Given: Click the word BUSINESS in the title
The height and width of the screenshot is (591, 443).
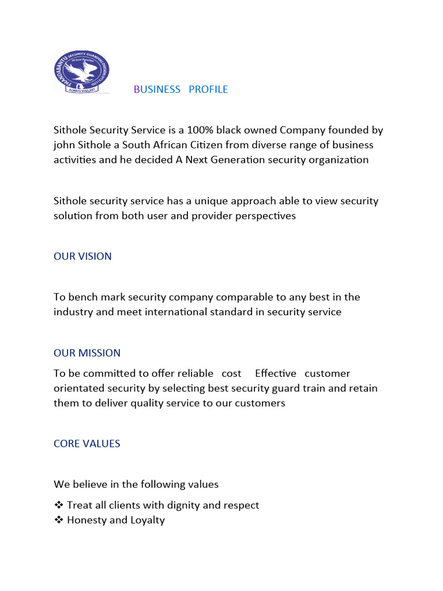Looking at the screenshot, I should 157,89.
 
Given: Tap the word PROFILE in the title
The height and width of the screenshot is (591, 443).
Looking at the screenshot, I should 208,89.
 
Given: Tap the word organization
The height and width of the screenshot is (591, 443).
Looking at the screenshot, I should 339,160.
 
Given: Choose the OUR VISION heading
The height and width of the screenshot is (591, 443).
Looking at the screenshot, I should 82,256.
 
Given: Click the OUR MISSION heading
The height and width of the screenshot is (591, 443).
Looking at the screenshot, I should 87,353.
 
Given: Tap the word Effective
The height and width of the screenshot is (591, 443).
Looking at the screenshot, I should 275,373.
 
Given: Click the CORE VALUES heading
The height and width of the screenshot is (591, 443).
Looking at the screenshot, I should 87,443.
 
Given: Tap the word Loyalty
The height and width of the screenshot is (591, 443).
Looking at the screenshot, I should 147,520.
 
